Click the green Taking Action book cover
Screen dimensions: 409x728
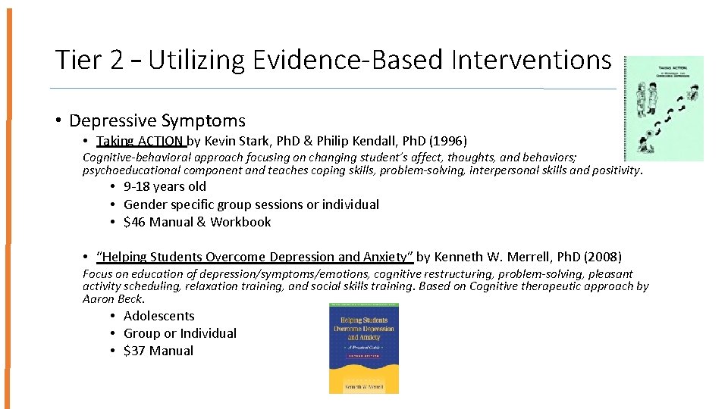pyautogui.click(x=664, y=108)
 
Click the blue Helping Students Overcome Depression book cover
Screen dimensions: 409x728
pyautogui.click(x=363, y=348)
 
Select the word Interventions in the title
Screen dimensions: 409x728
pyautogui.click(x=530, y=60)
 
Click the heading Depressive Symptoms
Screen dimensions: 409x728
pyautogui.click(x=157, y=120)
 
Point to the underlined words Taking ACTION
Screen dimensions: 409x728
pyautogui.click(x=140, y=141)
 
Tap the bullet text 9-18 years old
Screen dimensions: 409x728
pyautogui.click(x=165, y=186)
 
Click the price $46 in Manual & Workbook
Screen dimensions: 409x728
pyautogui.click(x=133, y=222)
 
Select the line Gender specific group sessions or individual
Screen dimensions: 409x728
pyautogui.click(x=251, y=204)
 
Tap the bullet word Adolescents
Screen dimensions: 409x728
pyautogui.click(x=158, y=316)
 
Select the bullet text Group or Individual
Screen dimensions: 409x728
pyautogui.click(x=180, y=333)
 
